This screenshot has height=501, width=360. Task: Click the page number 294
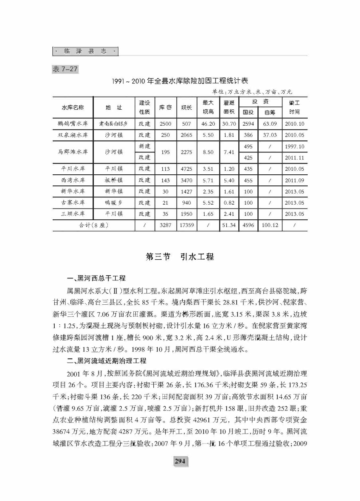(180, 461)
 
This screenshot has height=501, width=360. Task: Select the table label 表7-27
(65, 69)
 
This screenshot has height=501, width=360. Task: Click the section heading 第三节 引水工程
(180, 257)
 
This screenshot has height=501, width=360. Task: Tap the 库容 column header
(165, 107)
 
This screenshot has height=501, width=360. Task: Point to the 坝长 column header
(186, 107)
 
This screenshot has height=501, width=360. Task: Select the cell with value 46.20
(208, 124)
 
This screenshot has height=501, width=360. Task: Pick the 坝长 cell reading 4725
(186, 169)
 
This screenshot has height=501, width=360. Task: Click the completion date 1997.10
(295, 146)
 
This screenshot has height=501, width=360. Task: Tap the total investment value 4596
(248, 225)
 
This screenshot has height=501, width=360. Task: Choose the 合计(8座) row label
(93, 225)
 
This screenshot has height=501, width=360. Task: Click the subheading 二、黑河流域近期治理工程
(107, 361)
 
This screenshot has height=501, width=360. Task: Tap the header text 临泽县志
(85, 51)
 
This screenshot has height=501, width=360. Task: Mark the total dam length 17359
(186, 225)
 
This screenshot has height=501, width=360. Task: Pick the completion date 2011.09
(295, 180)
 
